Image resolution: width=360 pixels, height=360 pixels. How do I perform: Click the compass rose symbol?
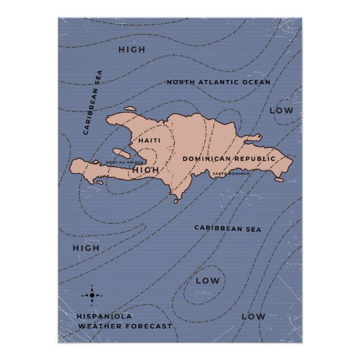(93, 295)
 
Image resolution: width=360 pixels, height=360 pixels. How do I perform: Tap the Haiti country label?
(149, 141)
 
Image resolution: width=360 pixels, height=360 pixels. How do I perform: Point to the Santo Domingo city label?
(230, 174)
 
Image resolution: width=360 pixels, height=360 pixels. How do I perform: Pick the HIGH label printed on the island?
(145, 170)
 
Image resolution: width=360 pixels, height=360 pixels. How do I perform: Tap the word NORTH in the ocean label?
(181, 82)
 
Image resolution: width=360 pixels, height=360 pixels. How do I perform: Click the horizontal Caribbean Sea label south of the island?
(228, 229)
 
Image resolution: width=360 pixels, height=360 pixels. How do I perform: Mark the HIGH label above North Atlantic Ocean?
(132, 50)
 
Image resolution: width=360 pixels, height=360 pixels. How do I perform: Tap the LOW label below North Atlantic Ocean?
(281, 110)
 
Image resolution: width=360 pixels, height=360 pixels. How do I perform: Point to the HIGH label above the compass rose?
(86, 248)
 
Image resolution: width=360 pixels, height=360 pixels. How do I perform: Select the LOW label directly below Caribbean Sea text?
(207, 281)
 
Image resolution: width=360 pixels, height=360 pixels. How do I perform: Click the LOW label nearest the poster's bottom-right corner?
(253, 317)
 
